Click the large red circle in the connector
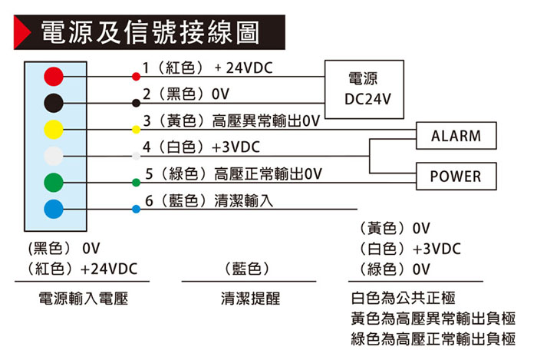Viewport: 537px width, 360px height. coord(53,76)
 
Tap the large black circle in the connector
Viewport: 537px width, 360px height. coord(53,102)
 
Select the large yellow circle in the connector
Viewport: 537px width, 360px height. coord(53,128)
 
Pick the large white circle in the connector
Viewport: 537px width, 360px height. coord(53,155)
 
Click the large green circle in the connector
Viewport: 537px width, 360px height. coord(53,182)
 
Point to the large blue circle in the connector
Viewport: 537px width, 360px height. coord(53,208)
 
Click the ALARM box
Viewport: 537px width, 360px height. coord(456,137)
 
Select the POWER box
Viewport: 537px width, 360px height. coord(456,177)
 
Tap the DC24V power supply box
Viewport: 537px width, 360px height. coord(363,89)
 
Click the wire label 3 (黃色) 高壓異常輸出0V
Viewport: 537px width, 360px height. coord(231,121)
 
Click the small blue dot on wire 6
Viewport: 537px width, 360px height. coord(136,209)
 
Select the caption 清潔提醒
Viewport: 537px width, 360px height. coord(250,298)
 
